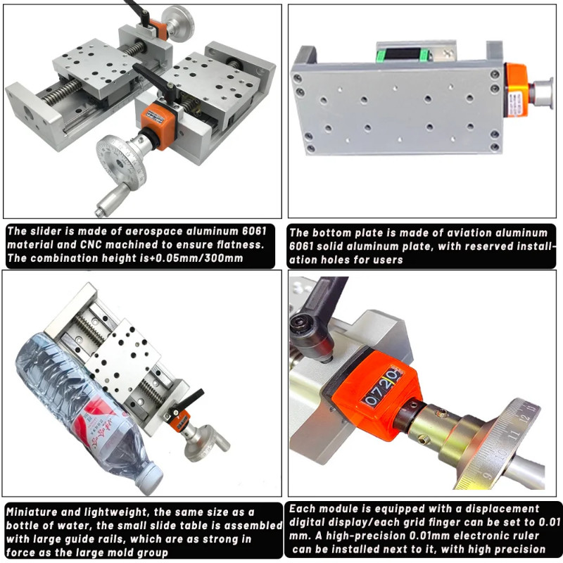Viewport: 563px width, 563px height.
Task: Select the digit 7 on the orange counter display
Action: (380, 388)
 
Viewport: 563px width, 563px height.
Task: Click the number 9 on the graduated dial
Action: (488, 476)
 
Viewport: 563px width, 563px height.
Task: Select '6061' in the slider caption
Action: (254, 231)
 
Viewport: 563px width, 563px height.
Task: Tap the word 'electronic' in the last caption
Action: (479, 536)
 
